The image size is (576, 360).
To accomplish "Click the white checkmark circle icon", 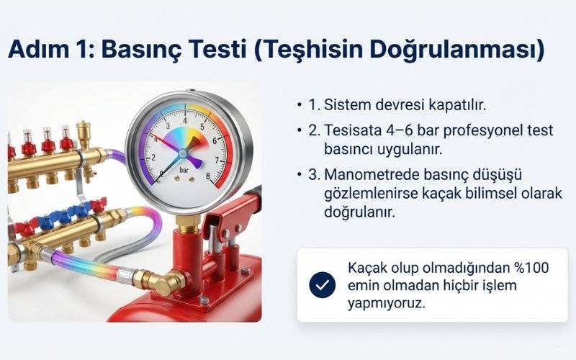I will point(322,285).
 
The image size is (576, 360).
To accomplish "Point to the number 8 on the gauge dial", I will point(208,174).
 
